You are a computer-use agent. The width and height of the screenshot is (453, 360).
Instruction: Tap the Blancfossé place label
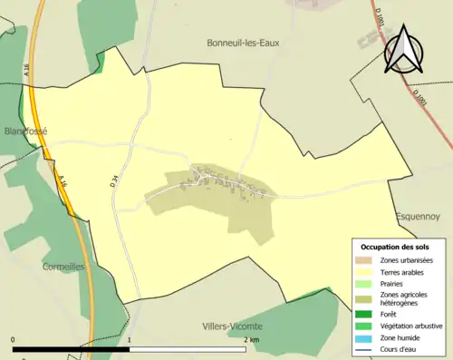click(x=24, y=131)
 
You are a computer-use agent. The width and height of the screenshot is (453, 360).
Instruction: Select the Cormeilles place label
click(x=63, y=267)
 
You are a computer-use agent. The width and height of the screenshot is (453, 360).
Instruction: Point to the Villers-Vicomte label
click(x=233, y=326)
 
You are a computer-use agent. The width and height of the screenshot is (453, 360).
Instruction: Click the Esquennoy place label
click(x=418, y=217)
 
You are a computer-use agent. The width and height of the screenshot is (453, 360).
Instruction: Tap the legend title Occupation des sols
click(x=395, y=247)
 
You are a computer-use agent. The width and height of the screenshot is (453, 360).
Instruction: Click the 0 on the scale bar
click(x=14, y=340)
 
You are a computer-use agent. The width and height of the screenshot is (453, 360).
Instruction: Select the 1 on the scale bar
click(x=130, y=340)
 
